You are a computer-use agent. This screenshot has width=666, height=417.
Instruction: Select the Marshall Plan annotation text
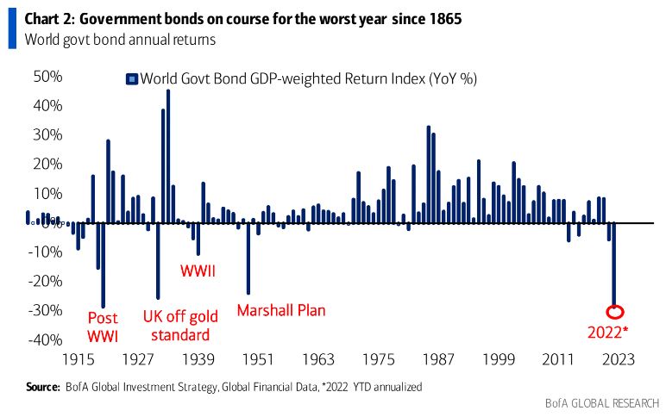point(281,310)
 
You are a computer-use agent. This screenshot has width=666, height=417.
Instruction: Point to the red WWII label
point(198,271)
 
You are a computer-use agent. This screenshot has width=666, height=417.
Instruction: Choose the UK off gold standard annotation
point(175,325)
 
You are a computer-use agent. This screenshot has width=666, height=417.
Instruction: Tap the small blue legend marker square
point(133,79)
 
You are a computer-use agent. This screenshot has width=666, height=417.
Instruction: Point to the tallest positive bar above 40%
point(168,155)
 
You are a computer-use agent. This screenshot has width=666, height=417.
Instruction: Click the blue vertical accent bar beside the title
point(12,27)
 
